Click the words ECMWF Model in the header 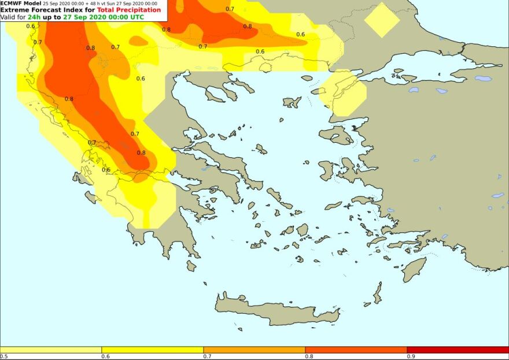pos(21,3)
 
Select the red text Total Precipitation pos(129,10)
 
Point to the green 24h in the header pos(34,17)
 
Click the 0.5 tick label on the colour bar pos(3,357)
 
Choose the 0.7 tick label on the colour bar pos(206,357)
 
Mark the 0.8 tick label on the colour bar pos(308,357)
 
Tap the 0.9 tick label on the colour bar pos(410,357)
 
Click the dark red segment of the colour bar pos(457,350)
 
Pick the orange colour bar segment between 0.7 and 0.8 pos(254,350)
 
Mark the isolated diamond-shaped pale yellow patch pos(382,21)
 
